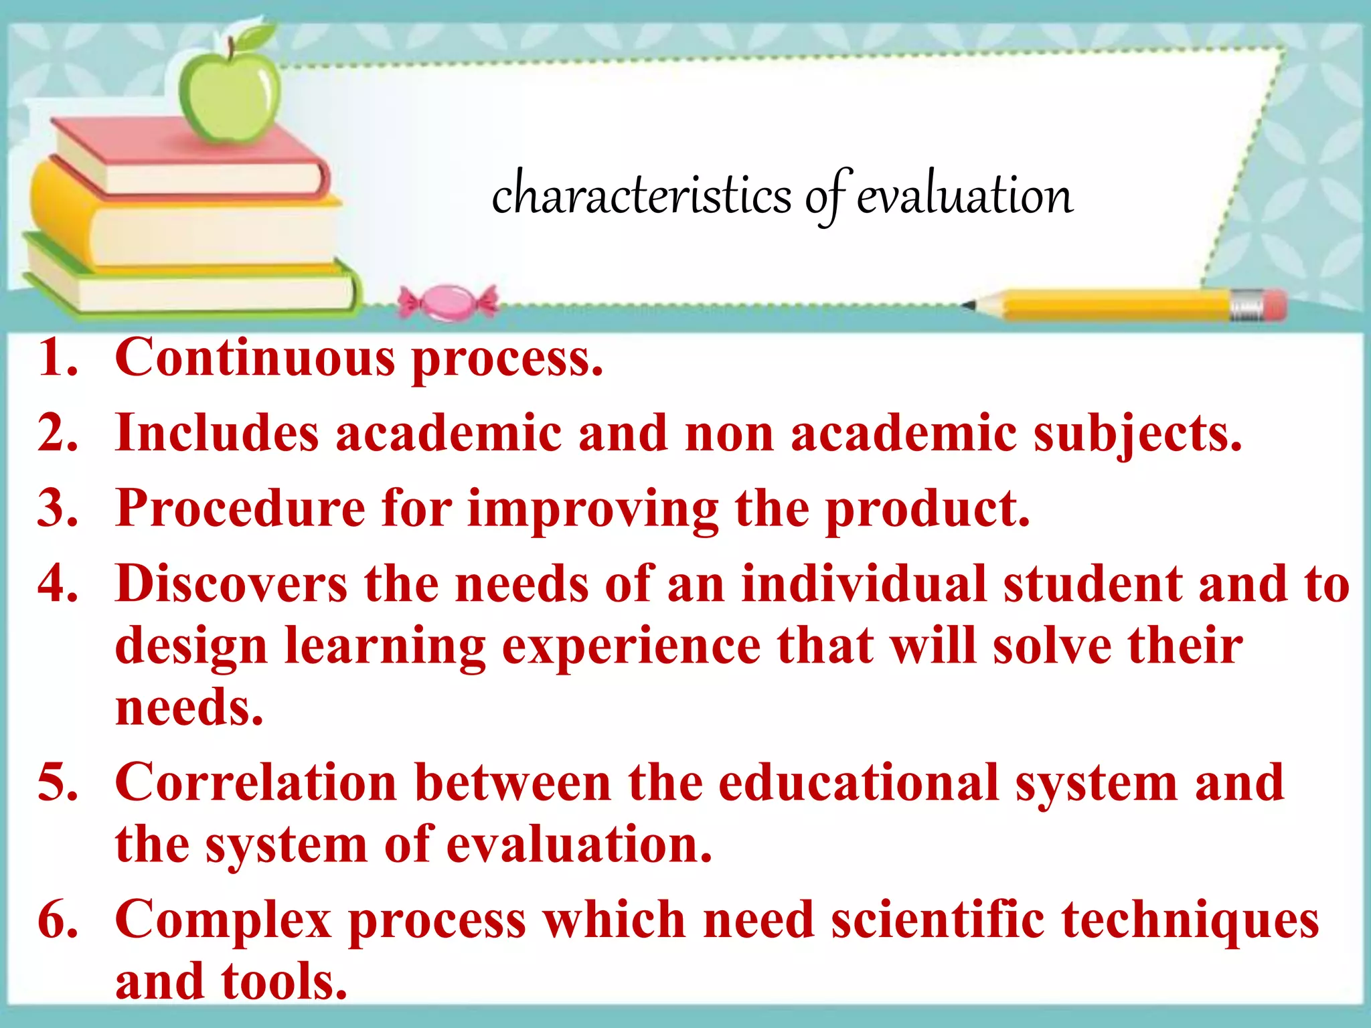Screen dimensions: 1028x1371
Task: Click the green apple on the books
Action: point(230,97)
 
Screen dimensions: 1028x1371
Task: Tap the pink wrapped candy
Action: point(447,303)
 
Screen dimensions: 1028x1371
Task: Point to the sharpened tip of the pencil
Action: point(969,306)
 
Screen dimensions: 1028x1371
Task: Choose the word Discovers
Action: point(231,584)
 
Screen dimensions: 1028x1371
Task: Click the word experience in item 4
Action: point(631,648)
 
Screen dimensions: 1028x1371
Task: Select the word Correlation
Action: point(256,782)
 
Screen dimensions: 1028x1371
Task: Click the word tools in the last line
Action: point(284,982)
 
